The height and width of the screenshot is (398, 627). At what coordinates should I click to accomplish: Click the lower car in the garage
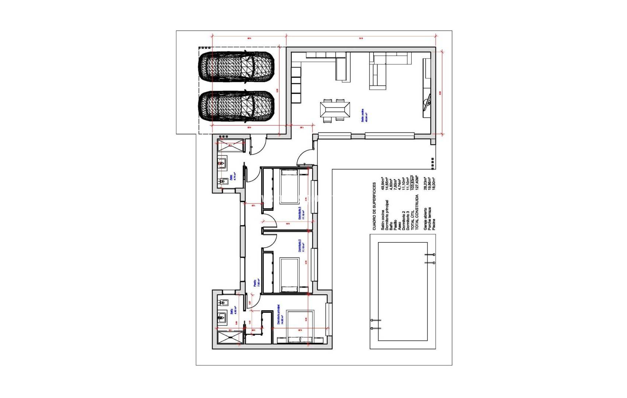point(236,106)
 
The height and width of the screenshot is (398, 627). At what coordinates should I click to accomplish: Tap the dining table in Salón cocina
point(335,110)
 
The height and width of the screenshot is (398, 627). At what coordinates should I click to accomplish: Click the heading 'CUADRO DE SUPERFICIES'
point(374,206)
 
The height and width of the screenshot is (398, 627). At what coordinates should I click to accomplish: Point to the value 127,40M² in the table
point(417,182)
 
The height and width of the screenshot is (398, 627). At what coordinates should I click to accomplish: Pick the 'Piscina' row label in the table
point(434,224)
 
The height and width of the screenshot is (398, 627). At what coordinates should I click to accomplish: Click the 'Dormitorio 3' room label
point(299,213)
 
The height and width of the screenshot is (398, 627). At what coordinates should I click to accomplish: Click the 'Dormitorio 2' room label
point(299,245)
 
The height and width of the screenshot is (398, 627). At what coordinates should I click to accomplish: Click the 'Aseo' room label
point(231,177)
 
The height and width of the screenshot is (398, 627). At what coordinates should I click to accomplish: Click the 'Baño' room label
point(232,311)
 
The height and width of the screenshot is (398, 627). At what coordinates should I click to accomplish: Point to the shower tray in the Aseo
point(231,145)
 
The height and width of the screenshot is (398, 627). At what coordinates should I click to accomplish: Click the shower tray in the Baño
point(231,338)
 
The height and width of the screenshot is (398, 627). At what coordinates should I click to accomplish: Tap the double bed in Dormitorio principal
point(300,327)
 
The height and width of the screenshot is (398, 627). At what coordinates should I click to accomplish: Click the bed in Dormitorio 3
point(290,186)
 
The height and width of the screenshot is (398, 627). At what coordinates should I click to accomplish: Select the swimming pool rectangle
point(403,291)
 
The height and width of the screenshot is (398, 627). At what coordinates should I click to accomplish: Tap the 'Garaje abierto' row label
point(426,219)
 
